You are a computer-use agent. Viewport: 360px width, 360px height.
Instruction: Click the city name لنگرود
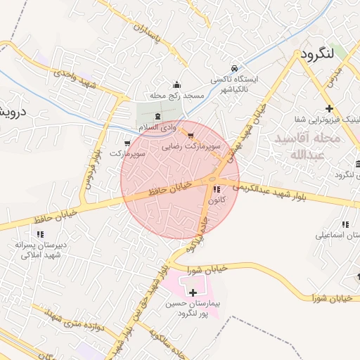tap(320, 54)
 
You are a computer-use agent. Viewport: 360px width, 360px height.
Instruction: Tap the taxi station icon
tap(234, 69)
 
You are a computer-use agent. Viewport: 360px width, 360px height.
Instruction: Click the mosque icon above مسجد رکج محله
tap(176, 84)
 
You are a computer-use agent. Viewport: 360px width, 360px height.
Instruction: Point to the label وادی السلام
tap(156, 127)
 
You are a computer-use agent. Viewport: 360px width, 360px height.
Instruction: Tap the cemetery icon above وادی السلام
tap(156, 115)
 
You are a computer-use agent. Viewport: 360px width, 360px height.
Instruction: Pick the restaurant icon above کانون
tap(216, 188)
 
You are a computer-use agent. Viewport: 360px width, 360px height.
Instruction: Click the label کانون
tap(217, 200)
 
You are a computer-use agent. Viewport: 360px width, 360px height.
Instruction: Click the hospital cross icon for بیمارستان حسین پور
tap(193, 291)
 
